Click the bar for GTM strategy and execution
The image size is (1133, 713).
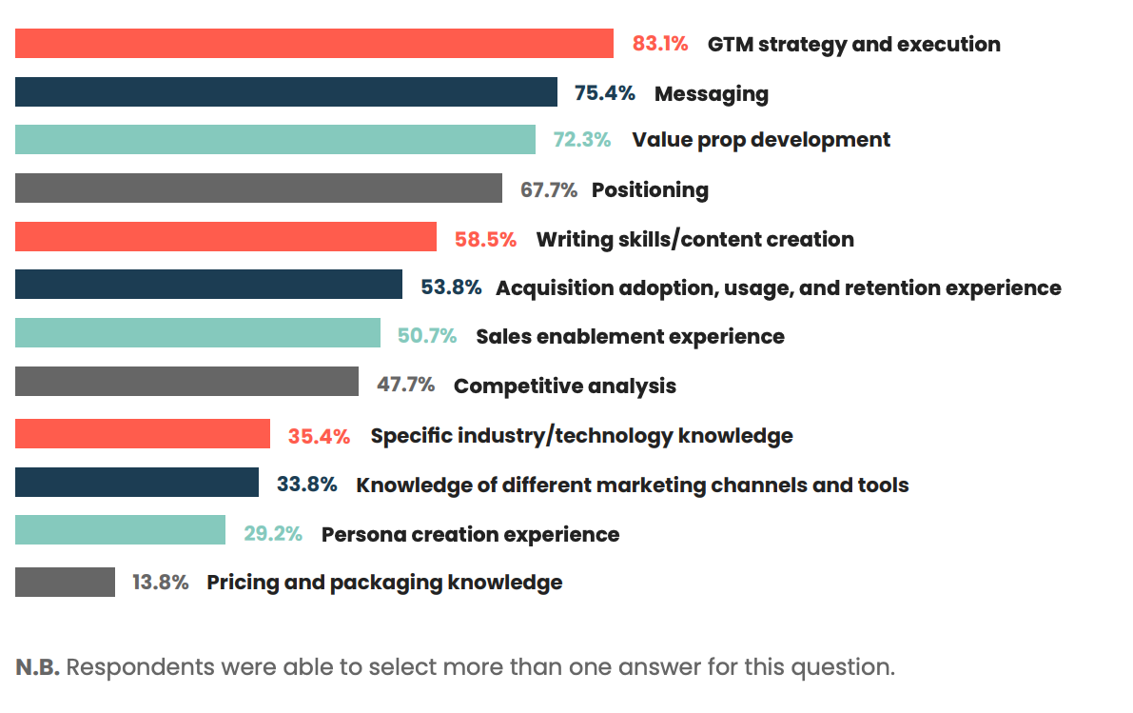[x=314, y=44]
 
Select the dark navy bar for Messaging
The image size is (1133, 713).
[x=285, y=92]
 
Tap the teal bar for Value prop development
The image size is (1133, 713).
[x=275, y=139]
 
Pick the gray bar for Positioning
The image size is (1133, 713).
[x=258, y=188]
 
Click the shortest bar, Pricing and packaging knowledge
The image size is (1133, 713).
[x=65, y=582]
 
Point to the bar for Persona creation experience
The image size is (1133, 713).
[x=120, y=530]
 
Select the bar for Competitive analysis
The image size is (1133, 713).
[x=186, y=382]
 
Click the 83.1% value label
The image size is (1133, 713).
[x=661, y=44]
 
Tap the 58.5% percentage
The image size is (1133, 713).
[x=485, y=239]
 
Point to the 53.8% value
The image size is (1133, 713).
[x=451, y=287]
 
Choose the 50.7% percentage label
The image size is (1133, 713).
[x=427, y=336]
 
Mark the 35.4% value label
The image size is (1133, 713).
[x=319, y=436]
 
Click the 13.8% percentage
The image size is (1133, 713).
[x=160, y=582]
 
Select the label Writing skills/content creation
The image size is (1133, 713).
[x=694, y=239]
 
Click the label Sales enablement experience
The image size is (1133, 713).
[x=630, y=336]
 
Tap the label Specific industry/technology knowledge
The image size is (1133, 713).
[x=581, y=436]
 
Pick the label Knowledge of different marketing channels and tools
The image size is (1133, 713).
[x=632, y=485]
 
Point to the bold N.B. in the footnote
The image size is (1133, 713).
[x=38, y=666]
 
